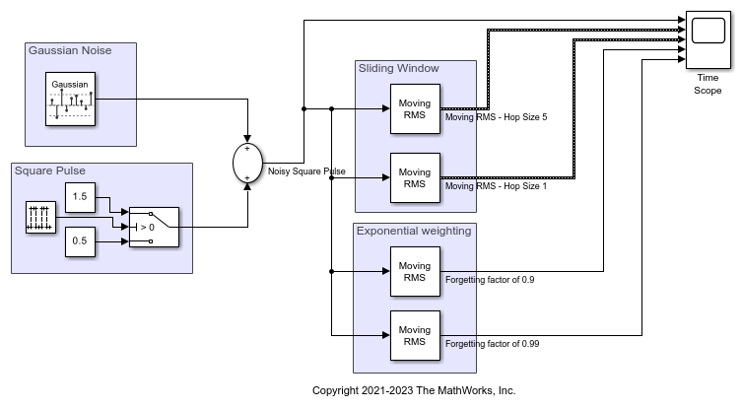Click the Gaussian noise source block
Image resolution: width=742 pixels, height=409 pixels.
(x=71, y=99)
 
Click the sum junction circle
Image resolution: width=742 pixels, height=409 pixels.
(x=246, y=163)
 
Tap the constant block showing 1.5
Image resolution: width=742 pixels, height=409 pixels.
(x=81, y=197)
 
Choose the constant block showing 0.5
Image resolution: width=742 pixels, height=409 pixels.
(x=81, y=241)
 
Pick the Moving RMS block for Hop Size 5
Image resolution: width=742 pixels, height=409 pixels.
(x=414, y=107)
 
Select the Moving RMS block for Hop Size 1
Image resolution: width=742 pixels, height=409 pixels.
(x=414, y=178)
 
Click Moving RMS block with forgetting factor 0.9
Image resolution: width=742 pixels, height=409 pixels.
(x=414, y=271)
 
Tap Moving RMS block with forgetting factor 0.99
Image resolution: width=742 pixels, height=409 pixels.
(x=414, y=335)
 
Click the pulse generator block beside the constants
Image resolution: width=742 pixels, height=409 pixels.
(x=40, y=219)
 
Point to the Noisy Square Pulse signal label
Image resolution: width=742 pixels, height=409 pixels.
(x=306, y=171)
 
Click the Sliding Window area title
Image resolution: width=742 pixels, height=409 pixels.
(x=398, y=69)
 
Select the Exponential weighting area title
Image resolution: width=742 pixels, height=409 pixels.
(x=413, y=231)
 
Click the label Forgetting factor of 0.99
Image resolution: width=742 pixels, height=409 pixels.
(x=493, y=344)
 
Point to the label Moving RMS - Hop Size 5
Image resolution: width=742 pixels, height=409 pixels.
(x=496, y=116)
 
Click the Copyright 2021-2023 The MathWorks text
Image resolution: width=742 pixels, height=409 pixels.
(x=414, y=390)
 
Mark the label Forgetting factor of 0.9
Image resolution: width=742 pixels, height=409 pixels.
(x=490, y=280)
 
